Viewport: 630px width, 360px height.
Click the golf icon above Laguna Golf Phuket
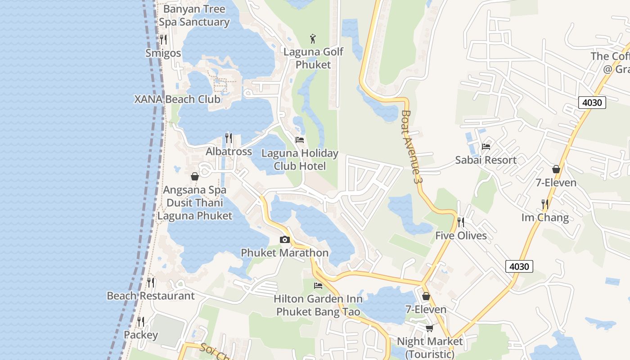click(313, 39)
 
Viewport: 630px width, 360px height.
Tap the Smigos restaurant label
click(163, 53)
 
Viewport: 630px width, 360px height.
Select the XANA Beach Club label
click(177, 99)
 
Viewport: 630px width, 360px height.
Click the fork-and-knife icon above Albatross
click(229, 138)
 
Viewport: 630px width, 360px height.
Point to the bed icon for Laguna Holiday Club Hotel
click(300, 140)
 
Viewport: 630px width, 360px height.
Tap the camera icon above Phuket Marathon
click(284, 240)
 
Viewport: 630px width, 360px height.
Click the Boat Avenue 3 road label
click(412, 146)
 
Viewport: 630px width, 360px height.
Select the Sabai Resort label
click(486, 160)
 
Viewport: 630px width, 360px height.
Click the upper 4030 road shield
click(592, 103)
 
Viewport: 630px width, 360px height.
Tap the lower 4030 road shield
click(519, 266)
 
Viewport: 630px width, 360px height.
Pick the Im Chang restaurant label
click(545, 218)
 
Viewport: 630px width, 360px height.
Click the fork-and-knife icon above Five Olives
click(460, 222)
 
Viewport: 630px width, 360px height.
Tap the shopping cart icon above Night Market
click(429, 328)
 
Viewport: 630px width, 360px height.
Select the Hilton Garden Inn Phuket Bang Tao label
click(318, 305)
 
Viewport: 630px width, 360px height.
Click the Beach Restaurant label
click(151, 296)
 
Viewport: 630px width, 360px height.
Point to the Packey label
click(141, 335)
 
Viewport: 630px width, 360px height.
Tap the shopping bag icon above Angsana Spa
click(195, 176)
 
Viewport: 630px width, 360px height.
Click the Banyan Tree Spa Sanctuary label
click(194, 15)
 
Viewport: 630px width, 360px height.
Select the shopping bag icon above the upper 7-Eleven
click(556, 169)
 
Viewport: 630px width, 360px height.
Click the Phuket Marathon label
click(284, 253)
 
